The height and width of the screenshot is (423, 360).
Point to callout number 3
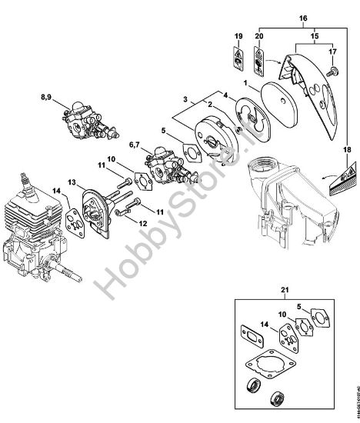pyautogui.click(x=186, y=99)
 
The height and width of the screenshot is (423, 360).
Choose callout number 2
pyautogui.click(x=209, y=103)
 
